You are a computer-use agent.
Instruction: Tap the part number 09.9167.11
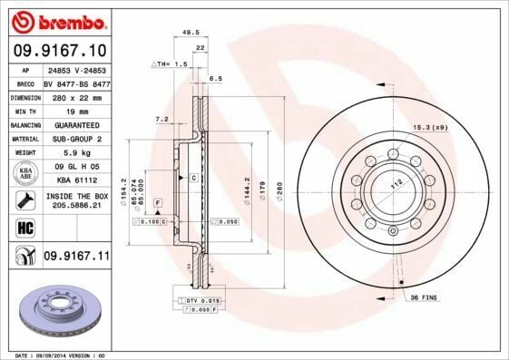[x=75, y=257]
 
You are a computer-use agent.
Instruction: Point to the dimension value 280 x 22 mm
[x=75, y=95]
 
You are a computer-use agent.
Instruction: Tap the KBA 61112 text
[x=75, y=180]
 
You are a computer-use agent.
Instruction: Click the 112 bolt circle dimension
[x=395, y=182]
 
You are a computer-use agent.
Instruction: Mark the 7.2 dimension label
[x=162, y=119]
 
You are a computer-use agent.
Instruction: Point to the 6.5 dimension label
[x=215, y=79]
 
